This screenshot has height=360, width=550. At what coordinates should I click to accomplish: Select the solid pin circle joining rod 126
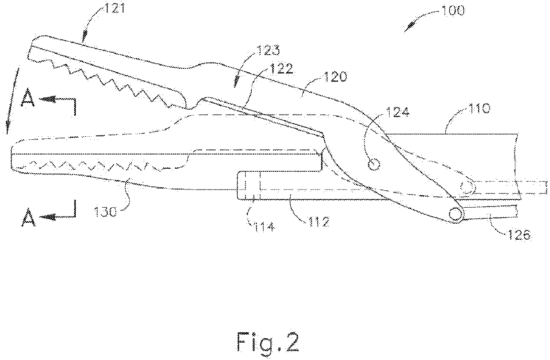[x=455, y=214]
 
